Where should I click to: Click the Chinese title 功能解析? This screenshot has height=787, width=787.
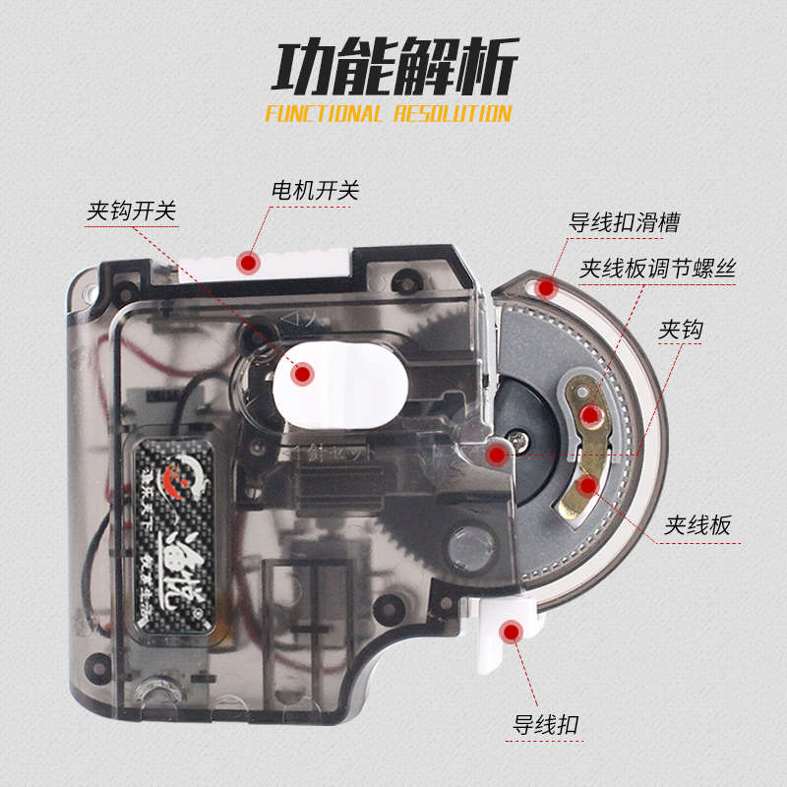[x=393, y=69]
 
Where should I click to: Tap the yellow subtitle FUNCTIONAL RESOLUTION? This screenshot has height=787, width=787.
[x=389, y=113]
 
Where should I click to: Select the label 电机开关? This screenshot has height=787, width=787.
[x=315, y=190]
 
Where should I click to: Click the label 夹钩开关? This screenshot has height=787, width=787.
[x=133, y=211]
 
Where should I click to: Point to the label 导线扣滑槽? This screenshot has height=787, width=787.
[x=625, y=222]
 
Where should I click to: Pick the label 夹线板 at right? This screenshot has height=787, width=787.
[x=697, y=525]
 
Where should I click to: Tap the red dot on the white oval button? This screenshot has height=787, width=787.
[x=303, y=373]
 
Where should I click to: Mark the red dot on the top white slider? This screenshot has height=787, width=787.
[x=247, y=262]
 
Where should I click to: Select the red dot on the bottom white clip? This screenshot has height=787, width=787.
[x=511, y=632]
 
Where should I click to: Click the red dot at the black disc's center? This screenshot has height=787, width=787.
[x=498, y=453]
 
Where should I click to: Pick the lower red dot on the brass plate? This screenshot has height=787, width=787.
[x=587, y=485]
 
